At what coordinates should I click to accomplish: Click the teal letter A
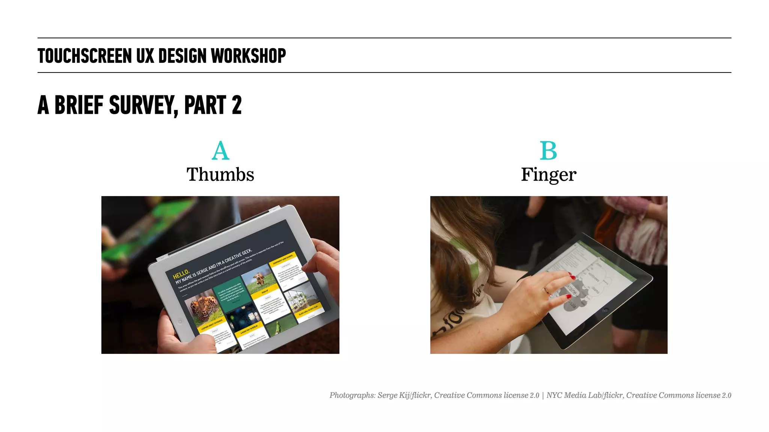pyautogui.click(x=220, y=151)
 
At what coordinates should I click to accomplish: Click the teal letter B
pyautogui.click(x=548, y=151)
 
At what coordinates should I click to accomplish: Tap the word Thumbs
pyautogui.click(x=220, y=175)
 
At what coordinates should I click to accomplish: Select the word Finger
pyautogui.click(x=549, y=175)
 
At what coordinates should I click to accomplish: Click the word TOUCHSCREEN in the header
pyautogui.click(x=84, y=56)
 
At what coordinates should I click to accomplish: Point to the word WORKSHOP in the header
pyautogui.click(x=248, y=56)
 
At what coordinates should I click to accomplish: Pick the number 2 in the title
pyautogui.click(x=237, y=105)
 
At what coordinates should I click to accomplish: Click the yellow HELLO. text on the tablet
pyautogui.click(x=181, y=274)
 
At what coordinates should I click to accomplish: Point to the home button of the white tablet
pyautogui.click(x=180, y=322)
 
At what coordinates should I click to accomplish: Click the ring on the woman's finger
pyautogui.click(x=547, y=291)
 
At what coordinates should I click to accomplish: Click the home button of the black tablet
pyautogui.click(x=606, y=311)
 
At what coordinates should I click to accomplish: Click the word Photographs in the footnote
pyautogui.click(x=352, y=395)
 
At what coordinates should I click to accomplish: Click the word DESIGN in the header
pyautogui.click(x=182, y=56)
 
